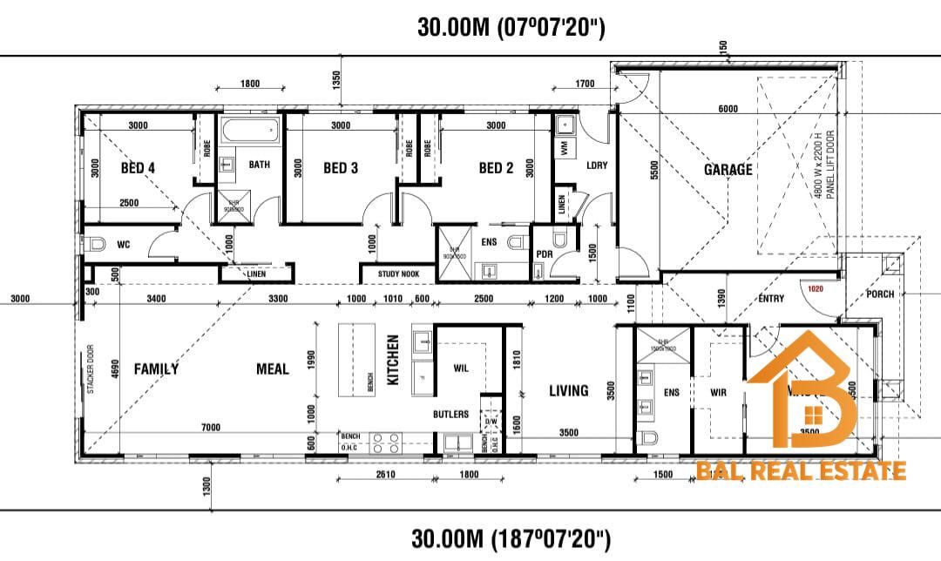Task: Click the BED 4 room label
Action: (138, 168)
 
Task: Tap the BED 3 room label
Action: (341, 168)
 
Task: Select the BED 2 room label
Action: (496, 168)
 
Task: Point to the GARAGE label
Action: (728, 170)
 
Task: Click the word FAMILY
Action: (156, 369)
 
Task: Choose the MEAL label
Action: (272, 369)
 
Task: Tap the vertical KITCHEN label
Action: (393, 362)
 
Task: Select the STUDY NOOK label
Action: (398, 274)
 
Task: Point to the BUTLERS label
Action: (450, 415)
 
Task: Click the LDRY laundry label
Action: (597, 166)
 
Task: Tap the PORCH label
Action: (880, 294)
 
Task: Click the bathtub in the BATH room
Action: (248, 133)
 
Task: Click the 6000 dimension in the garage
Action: (728, 109)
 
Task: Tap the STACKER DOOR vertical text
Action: (91, 369)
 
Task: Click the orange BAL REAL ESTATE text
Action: (801, 472)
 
